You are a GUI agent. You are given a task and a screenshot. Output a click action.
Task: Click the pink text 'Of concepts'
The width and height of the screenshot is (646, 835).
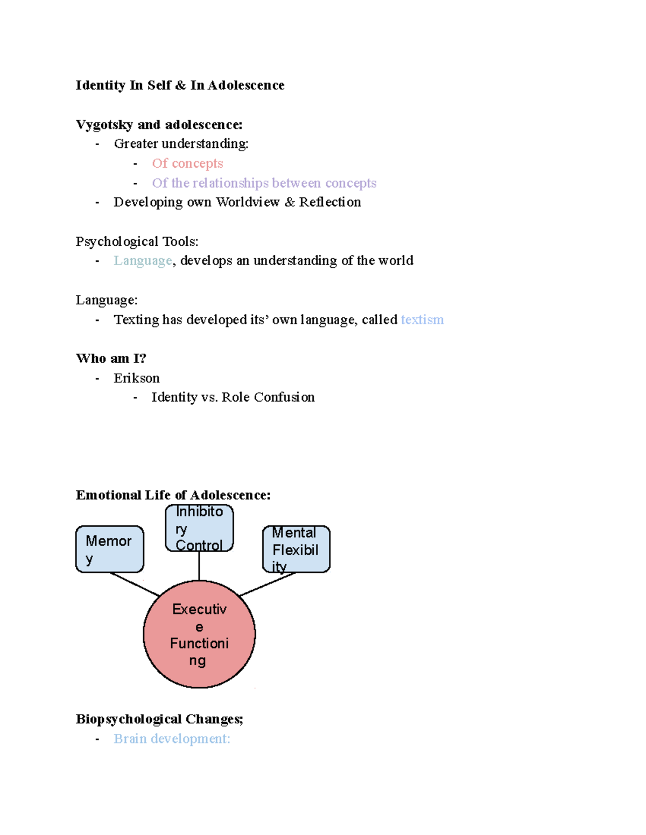tap(187, 163)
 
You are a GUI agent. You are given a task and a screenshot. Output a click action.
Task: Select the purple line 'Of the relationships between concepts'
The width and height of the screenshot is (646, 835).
tap(264, 183)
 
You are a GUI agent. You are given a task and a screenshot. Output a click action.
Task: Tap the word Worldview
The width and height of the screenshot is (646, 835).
tap(248, 202)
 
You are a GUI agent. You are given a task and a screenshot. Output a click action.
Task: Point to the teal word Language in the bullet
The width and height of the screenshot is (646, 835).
tap(143, 261)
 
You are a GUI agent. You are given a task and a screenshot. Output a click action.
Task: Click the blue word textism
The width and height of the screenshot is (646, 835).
tap(422, 320)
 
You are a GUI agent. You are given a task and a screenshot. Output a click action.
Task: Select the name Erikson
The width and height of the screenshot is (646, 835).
tap(136, 379)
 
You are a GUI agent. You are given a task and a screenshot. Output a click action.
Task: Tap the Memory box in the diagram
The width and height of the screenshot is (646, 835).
tap(109, 549)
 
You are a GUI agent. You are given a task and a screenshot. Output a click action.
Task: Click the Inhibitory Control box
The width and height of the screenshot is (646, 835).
tap(199, 527)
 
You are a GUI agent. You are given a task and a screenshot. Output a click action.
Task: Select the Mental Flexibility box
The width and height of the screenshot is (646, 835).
tap(296, 549)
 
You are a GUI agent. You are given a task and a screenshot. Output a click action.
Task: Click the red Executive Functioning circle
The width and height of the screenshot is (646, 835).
tap(199, 634)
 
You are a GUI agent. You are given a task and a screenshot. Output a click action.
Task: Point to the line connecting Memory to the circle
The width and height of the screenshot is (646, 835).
tap(135, 584)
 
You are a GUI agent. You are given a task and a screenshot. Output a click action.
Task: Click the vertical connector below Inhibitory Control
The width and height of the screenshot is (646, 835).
tap(199, 566)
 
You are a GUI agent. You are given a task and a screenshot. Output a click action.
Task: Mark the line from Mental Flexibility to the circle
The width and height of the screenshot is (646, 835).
tap(268, 584)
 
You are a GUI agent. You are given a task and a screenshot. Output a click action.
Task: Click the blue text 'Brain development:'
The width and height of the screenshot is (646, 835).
tap(172, 739)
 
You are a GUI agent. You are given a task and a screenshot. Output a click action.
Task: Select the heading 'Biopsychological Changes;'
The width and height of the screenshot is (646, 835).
tap(159, 719)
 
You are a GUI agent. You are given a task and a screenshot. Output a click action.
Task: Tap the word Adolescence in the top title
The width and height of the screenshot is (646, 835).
tap(246, 85)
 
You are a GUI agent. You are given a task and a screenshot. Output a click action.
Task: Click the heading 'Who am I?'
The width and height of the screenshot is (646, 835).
tap(111, 359)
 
